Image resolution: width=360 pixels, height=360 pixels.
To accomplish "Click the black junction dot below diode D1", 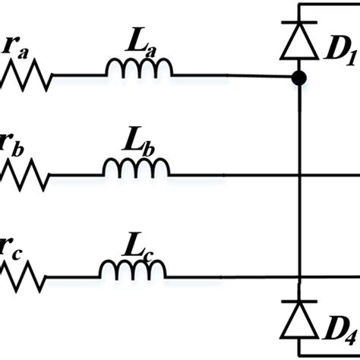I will (x=301, y=77).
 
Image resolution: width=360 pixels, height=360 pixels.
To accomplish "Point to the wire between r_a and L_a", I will (x=79, y=77).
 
